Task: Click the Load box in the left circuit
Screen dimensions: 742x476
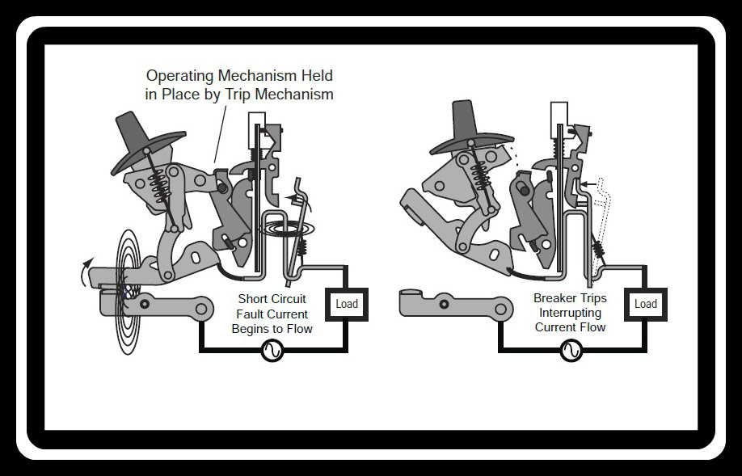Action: [x=347, y=304]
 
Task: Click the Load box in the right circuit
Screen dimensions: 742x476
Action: [x=646, y=304]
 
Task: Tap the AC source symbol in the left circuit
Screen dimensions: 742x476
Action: [x=273, y=351]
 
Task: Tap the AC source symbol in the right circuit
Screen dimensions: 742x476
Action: [x=571, y=351]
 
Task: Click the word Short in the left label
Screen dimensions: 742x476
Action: [x=253, y=299]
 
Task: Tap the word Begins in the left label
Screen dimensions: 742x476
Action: [x=249, y=329]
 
